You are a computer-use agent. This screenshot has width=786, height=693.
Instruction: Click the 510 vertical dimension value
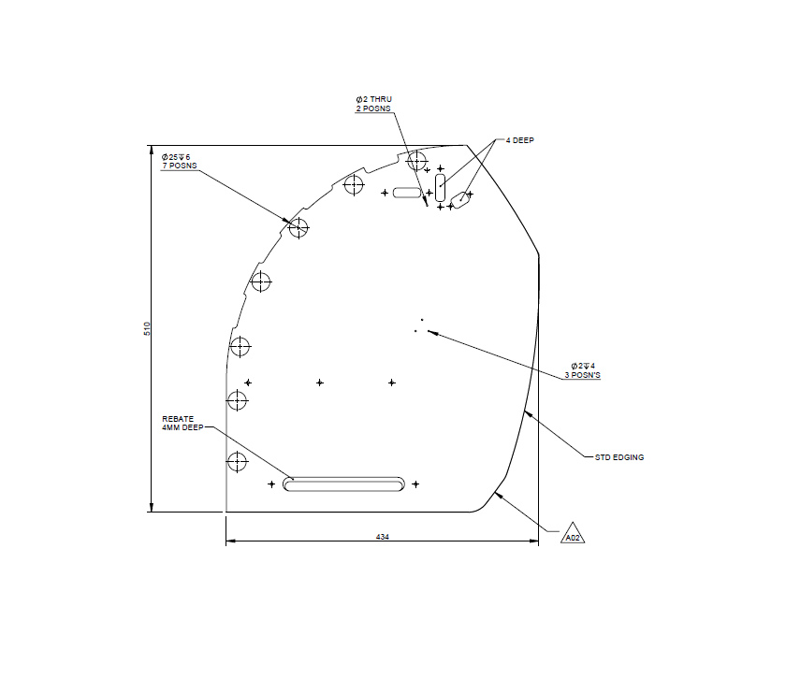[x=147, y=328]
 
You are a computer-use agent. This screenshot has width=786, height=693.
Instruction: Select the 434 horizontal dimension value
[x=382, y=537]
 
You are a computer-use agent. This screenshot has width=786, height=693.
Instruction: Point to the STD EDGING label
[x=619, y=457]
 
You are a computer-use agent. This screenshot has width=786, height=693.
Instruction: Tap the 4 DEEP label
[x=519, y=140]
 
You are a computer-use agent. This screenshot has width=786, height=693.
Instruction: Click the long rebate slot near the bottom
[x=344, y=484]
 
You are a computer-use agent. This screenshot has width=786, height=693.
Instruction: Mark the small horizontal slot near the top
[x=408, y=193]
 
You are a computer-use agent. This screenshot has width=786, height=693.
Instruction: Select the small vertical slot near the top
[x=441, y=186]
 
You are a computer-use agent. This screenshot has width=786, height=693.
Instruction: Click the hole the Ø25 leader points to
[x=298, y=226]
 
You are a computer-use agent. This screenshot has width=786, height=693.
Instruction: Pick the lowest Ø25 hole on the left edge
[x=237, y=461]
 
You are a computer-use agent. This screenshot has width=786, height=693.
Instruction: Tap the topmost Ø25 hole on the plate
[x=417, y=160]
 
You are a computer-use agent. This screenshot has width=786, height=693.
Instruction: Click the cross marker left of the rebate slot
[x=271, y=484]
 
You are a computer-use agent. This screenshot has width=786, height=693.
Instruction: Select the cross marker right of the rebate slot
[x=415, y=484]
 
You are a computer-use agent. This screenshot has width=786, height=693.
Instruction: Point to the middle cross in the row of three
[x=320, y=383]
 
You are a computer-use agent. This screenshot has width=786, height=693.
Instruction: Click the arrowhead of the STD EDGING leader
[x=526, y=411]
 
